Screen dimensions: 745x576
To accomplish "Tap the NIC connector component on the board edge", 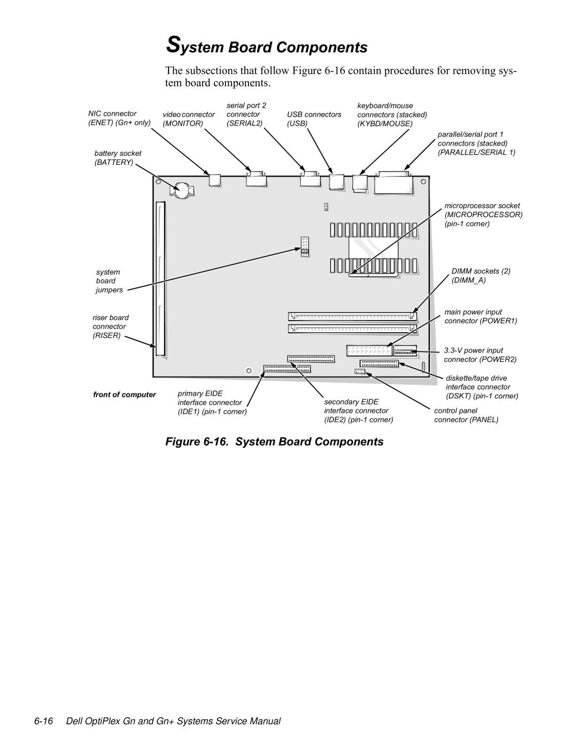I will coord(214,180).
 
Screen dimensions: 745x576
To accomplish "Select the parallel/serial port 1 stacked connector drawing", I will coord(394,183).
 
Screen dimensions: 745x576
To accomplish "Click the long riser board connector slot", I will coord(161,278).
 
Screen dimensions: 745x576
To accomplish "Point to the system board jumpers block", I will coord(305,246).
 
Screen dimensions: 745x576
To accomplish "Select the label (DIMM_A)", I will coord(468,281).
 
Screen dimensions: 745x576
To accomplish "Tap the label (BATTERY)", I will coord(114,162).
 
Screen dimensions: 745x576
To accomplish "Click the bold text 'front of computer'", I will coord(124,395).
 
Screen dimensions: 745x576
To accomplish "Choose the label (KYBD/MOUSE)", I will coord(385,124).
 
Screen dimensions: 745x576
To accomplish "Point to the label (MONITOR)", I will coord(183,124).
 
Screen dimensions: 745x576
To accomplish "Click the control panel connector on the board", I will coord(360,371).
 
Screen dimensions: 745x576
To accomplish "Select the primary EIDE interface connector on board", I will coord(287,369).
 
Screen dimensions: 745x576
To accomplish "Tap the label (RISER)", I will coord(107,335).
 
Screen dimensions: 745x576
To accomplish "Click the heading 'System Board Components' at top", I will coord(267,47).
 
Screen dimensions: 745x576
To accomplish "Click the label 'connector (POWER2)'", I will coord(481,359).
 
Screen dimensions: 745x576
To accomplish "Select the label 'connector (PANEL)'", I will coord(466,420).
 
